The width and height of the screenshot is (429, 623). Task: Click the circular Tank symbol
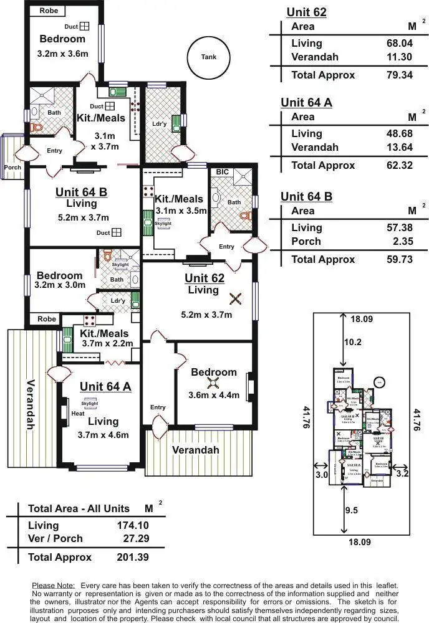coord(209,57)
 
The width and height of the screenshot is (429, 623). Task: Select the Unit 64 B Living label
coord(81,197)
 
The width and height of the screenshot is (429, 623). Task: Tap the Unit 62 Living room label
coord(204,283)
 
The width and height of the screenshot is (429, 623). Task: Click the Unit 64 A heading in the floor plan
coord(105,386)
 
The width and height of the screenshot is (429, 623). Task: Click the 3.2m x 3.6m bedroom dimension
coord(62,54)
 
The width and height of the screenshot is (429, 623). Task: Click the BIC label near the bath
coord(222,172)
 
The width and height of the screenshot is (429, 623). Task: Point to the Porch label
coord(12,167)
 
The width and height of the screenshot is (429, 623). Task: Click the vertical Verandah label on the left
coord(31,404)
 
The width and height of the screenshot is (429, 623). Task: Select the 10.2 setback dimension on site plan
coord(353,341)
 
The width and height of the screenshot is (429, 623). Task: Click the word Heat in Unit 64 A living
coord(78,413)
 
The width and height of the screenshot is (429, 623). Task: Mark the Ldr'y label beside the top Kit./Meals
coord(159,123)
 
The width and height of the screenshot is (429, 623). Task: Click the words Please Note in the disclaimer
coord(53,586)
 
